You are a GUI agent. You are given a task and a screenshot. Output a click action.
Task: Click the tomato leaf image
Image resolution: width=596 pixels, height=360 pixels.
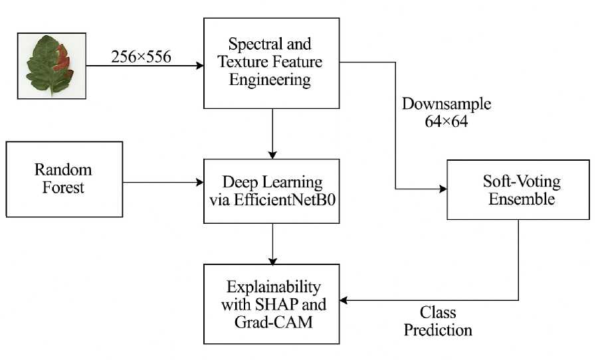coord(51,66)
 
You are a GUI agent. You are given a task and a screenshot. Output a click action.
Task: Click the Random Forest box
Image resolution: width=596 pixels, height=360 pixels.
coord(64,179)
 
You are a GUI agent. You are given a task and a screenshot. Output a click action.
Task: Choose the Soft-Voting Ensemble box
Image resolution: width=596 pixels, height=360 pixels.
coord(518,189)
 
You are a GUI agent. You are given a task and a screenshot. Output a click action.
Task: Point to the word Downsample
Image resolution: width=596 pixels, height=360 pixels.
coord(447,105)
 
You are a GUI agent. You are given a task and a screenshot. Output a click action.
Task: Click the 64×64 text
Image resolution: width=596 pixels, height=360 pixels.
coord(447,122)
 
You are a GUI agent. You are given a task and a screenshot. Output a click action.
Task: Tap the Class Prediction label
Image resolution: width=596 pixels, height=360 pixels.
coord(438,320)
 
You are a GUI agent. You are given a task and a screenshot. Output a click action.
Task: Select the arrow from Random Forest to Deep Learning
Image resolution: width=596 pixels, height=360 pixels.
coord(163,182)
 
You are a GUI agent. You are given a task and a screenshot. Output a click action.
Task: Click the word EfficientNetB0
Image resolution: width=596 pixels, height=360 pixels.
coord(299,198)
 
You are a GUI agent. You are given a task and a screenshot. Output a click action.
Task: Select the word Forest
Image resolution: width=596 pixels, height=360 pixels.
coord(64,187)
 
